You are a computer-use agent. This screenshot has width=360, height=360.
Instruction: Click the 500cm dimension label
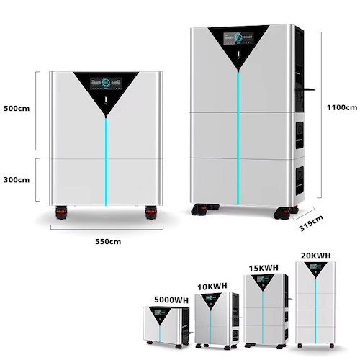17,109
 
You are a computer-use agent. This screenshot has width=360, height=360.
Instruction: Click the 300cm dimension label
17,180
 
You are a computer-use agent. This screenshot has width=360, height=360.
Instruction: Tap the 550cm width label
108,241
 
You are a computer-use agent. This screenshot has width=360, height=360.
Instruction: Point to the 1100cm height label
342,107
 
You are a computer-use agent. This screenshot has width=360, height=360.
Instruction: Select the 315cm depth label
311,223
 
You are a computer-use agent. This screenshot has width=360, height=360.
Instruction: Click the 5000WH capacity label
171,300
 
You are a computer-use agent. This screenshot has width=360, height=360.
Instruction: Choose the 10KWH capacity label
212,287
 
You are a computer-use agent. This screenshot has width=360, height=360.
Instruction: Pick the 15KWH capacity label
264,268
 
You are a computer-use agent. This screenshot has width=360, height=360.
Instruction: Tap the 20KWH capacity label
316,256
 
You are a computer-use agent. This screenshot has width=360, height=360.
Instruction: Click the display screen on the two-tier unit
106,84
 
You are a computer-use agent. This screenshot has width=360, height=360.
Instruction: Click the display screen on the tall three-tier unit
238,38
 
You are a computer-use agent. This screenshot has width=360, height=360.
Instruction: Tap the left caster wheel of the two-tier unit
61,212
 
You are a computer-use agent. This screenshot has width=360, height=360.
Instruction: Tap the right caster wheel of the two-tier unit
151,212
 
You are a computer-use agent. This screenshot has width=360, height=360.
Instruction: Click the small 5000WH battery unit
167,327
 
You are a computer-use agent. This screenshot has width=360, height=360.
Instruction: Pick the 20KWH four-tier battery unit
315,305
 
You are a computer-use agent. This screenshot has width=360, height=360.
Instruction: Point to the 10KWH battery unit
217,320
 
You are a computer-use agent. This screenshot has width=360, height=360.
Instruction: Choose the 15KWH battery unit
267,311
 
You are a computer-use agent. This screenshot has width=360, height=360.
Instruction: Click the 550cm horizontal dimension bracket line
107,229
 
